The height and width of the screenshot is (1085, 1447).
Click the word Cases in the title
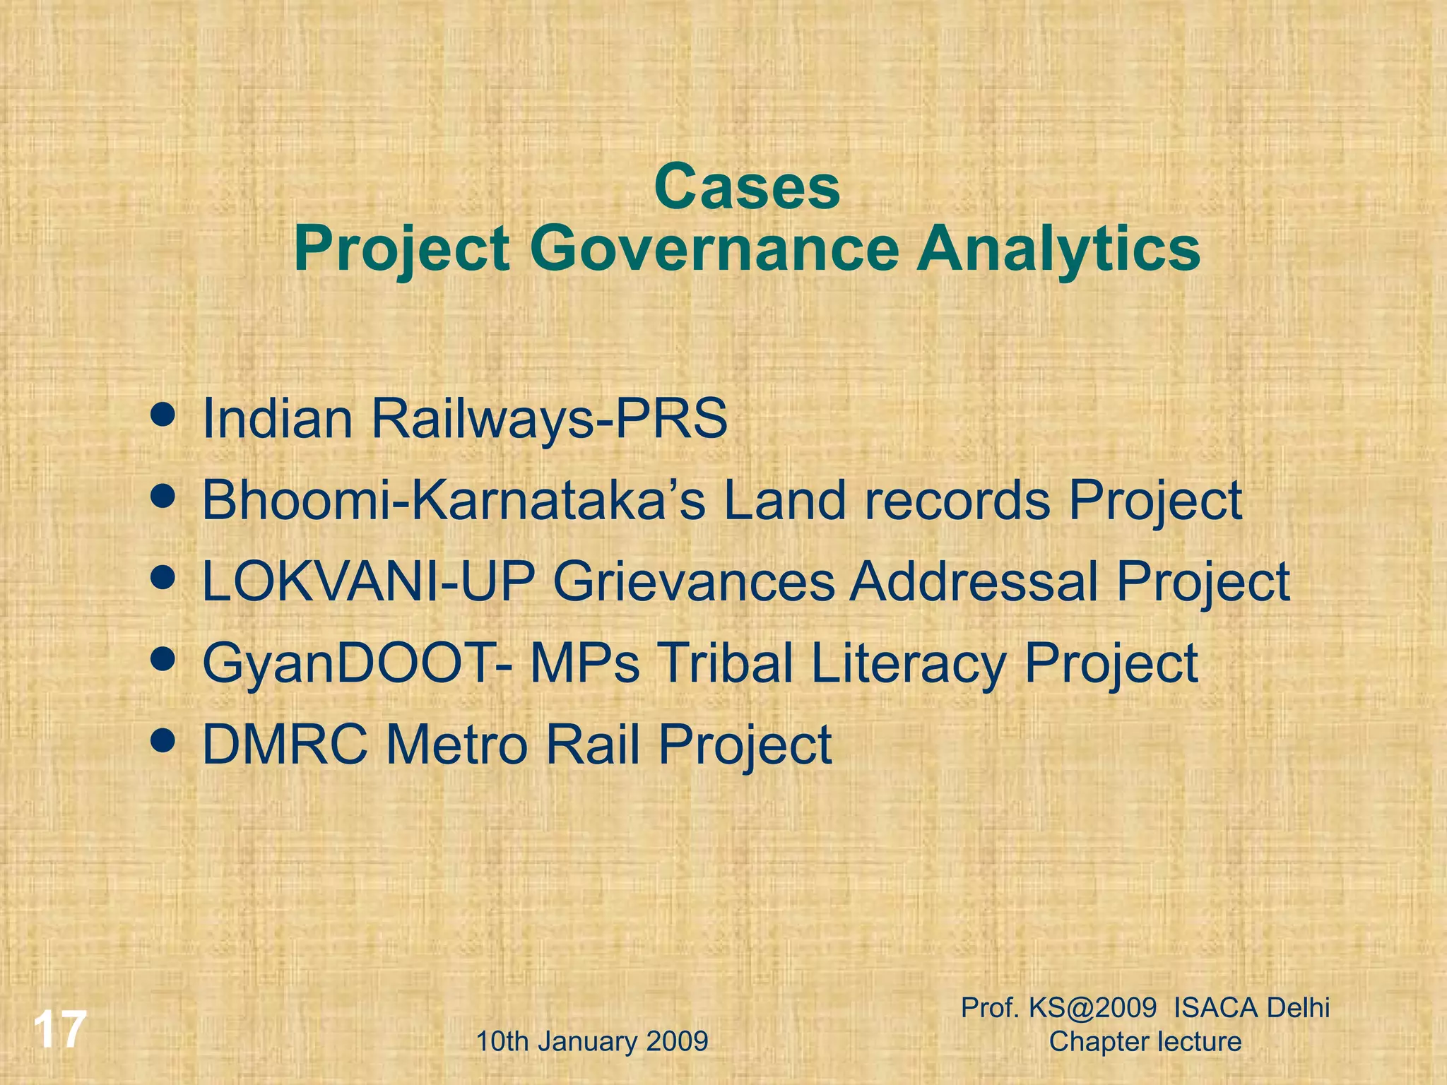tap(747, 187)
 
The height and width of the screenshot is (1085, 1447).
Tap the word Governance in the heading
tap(714, 249)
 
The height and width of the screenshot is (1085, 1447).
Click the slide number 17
tap(60, 1030)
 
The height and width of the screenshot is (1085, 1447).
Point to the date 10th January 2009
tap(592, 1041)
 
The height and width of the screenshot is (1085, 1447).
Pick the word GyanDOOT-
tap(358, 664)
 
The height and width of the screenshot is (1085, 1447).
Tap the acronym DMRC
tap(285, 745)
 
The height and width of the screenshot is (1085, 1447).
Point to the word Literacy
tap(909, 664)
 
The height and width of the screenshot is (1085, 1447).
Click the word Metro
tap(456, 745)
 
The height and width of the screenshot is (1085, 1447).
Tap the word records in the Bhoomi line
tap(957, 500)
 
